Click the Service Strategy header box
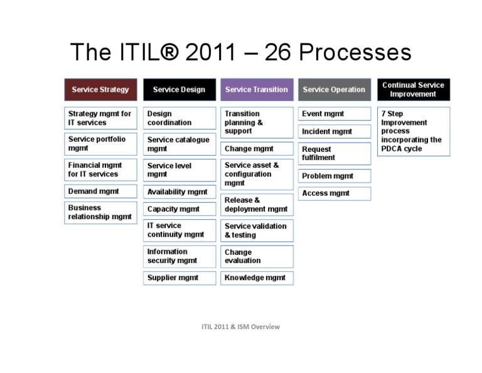(x=100, y=90)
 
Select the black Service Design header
(x=179, y=90)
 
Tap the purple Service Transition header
(x=257, y=90)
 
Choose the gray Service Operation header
(x=334, y=90)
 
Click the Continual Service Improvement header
(x=413, y=90)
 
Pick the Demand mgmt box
(x=100, y=191)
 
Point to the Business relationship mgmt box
(x=100, y=212)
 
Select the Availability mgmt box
(x=179, y=192)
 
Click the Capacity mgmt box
(x=179, y=209)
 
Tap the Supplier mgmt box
(x=179, y=278)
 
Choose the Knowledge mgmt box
(x=257, y=278)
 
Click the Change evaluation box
(x=257, y=256)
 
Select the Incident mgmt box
(x=334, y=132)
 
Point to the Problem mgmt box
(x=334, y=176)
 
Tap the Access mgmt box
(x=334, y=193)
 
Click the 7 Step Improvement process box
(x=413, y=131)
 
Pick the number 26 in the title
(x=279, y=52)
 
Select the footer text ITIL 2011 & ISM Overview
(x=240, y=327)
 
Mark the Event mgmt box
(x=334, y=114)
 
